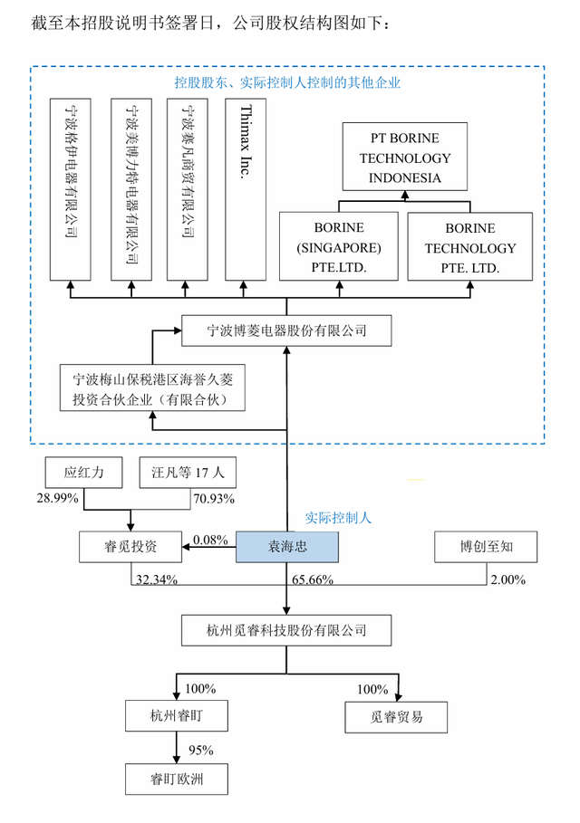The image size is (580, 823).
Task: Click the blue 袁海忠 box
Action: (x=287, y=547)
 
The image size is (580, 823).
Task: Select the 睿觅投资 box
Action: (x=130, y=547)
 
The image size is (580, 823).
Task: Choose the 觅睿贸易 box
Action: (x=397, y=716)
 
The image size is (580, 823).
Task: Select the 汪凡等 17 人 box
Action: (x=188, y=473)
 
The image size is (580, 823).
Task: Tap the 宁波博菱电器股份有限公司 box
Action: (x=287, y=330)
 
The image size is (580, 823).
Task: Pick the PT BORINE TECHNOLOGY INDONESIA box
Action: (x=404, y=158)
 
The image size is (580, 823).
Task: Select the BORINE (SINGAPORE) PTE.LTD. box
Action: (x=339, y=246)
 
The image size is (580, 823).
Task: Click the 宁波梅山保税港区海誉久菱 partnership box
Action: (x=152, y=388)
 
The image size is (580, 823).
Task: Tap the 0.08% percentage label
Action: (x=210, y=541)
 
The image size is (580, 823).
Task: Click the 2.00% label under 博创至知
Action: (x=507, y=579)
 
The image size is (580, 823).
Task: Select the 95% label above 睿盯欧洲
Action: (x=201, y=750)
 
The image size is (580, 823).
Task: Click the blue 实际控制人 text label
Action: (x=337, y=519)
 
